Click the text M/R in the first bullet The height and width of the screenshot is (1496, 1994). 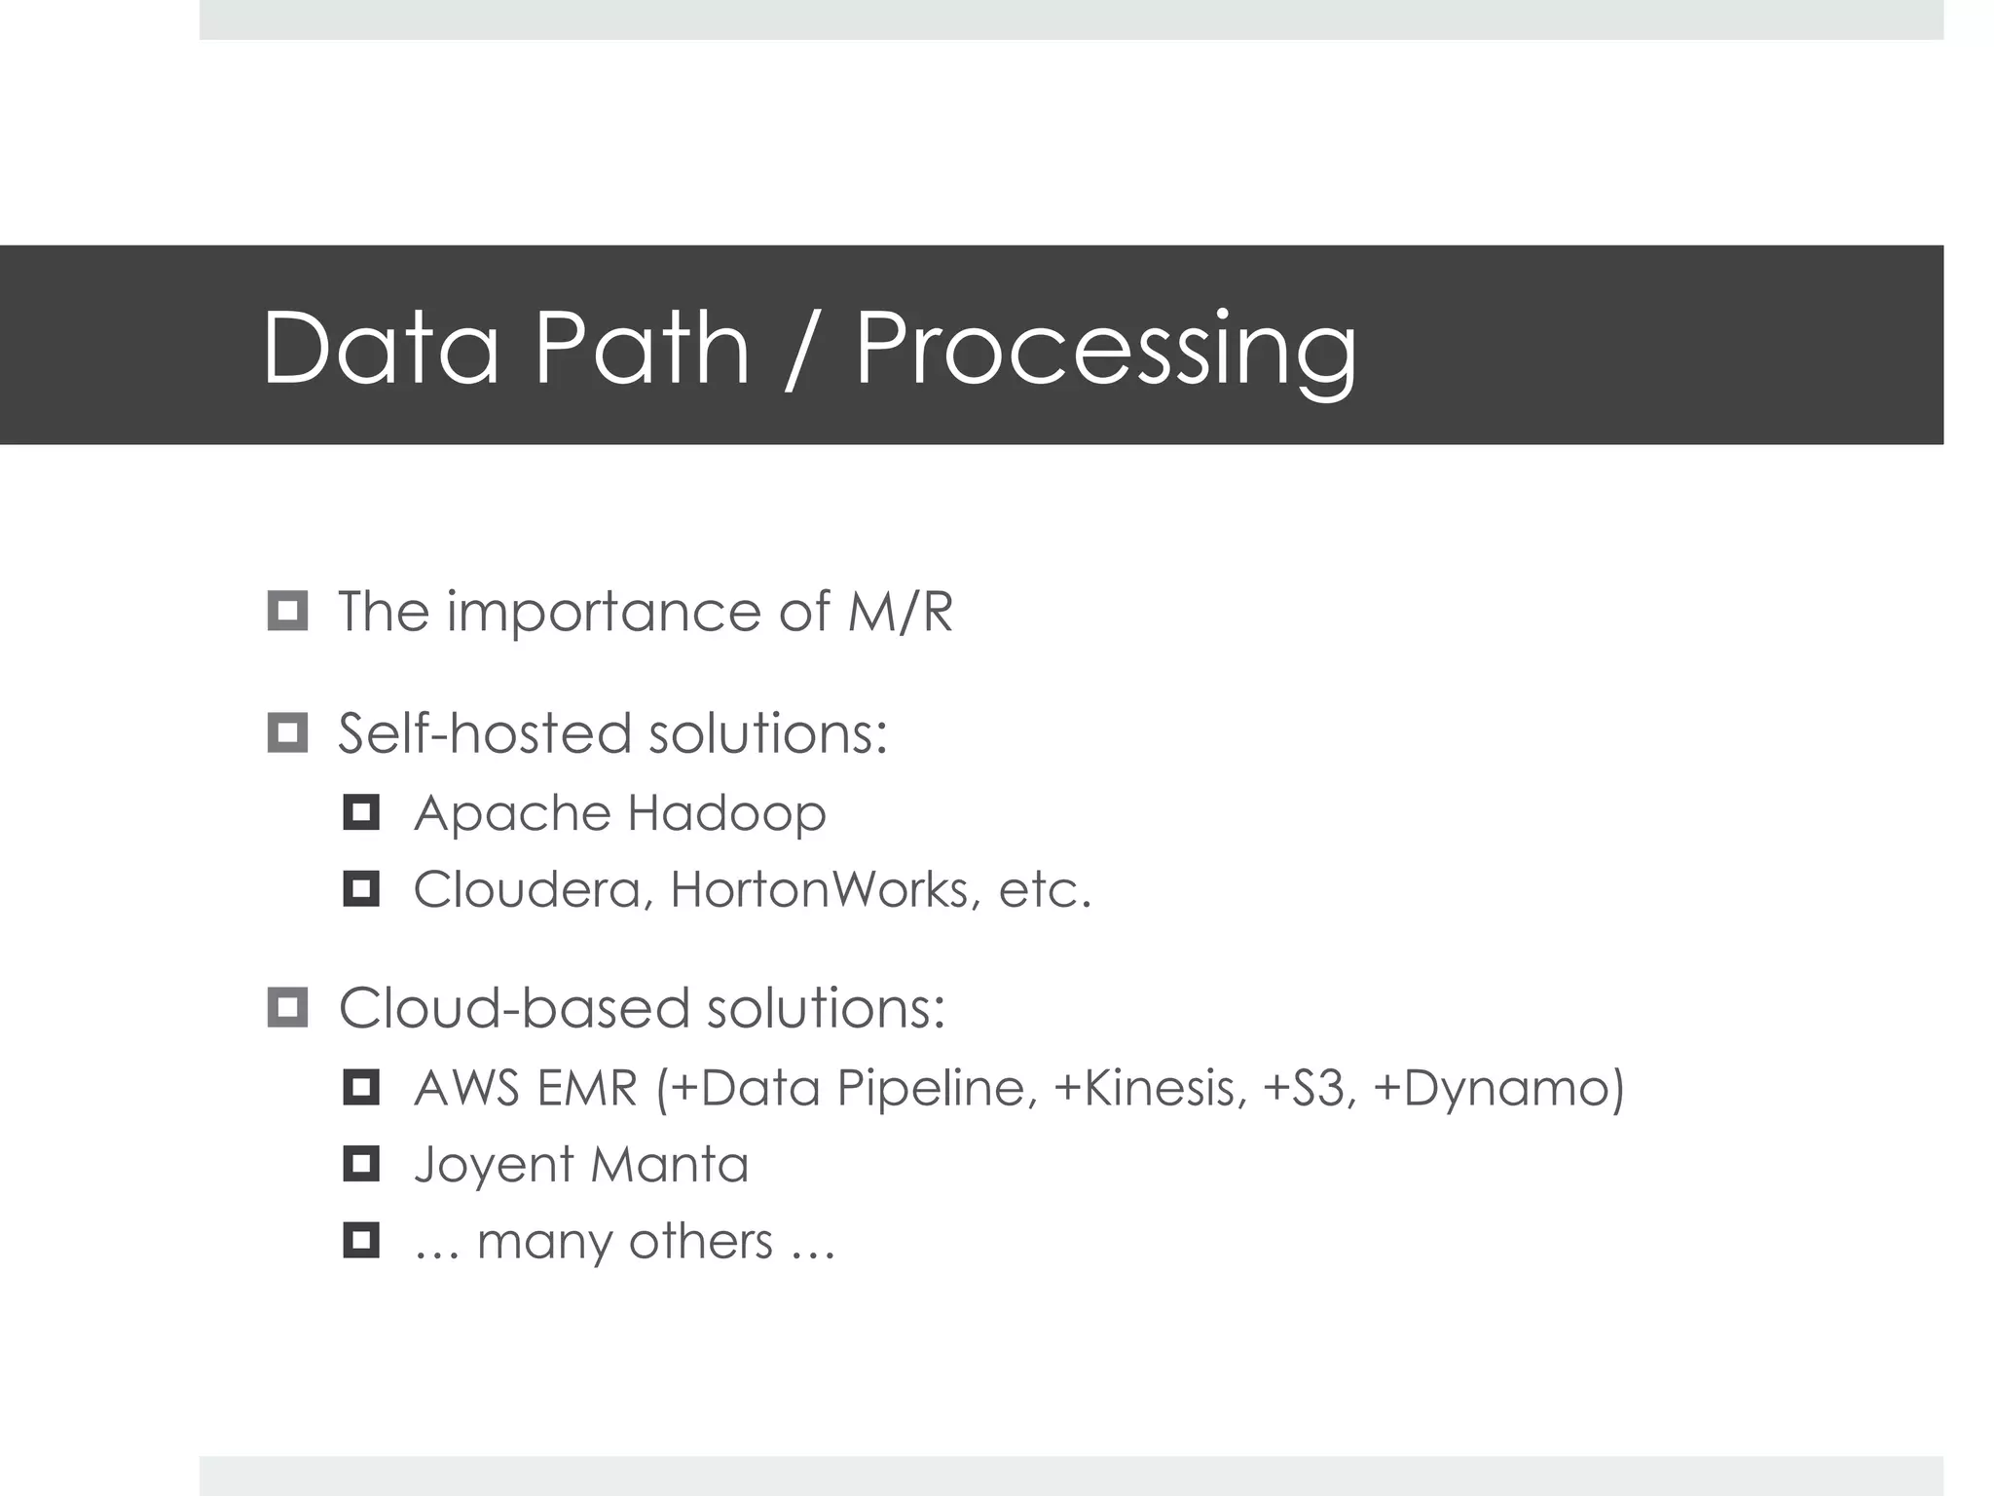coord(900,612)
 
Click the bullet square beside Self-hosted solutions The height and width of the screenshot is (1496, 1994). coord(287,732)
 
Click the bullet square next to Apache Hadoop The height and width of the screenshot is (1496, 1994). coord(361,812)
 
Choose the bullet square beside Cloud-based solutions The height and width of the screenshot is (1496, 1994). coord(287,1007)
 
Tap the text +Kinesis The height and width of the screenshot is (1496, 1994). coord(1150,1088)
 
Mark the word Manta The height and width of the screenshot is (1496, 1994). coord(669,1165)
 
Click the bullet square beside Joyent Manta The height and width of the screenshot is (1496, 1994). coord(361,1164)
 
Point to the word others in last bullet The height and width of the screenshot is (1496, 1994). coord(700,1242)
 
